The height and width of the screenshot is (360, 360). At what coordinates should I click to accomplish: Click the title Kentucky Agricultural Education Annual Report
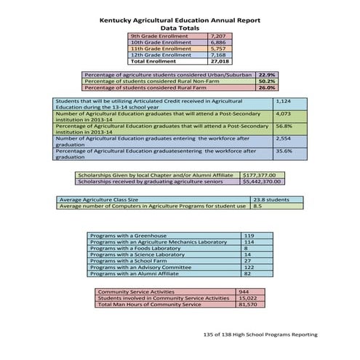click(x=179, y=21)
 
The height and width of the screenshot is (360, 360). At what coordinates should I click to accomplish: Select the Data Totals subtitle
click(x=179, y=28)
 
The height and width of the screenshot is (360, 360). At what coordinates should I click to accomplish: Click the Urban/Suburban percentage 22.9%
click(x=266, y=74)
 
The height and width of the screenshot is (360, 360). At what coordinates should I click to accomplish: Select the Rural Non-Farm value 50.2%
click(x=266, y=81)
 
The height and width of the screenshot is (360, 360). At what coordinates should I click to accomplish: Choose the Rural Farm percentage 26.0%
click(x=266, y=87)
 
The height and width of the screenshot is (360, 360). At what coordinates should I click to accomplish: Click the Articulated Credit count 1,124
click(x=284, y=101)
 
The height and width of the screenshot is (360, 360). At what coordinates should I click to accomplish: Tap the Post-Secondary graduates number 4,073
click(x=284, y=114)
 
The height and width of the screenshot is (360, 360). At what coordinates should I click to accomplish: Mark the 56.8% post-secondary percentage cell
click(x=284, y=126)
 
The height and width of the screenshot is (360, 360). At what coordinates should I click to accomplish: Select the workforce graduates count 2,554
click(x=284, y=138)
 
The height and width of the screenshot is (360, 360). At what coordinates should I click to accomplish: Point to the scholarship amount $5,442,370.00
click(x=263, y=182)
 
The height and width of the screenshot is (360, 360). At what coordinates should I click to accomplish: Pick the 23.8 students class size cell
click(x=271, y=199)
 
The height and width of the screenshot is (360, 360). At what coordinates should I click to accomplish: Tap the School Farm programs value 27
click(x=248, y=261)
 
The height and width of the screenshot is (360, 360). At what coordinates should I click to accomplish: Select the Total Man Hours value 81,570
click(x=249, y=304)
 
